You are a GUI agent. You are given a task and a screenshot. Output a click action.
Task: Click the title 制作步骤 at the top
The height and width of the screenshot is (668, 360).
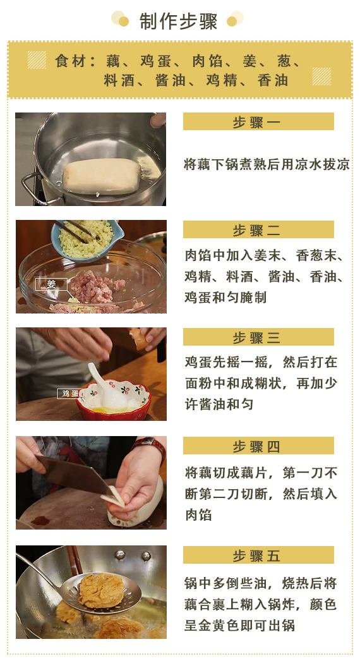coord(178,21)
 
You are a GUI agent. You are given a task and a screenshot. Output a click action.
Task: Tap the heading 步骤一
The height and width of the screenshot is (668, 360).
coord(256,122)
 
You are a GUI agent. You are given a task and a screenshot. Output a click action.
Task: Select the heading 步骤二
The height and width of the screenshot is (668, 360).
coord(256,231)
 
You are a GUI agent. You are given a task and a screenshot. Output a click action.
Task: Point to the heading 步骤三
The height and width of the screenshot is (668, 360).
coord(256,338)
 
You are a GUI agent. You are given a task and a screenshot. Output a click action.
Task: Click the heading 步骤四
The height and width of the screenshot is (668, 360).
coord(256,446)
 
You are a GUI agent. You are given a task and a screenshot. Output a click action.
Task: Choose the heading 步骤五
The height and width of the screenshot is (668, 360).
coord(256,556)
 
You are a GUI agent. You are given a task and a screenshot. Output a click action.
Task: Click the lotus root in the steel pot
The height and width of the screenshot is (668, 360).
coord(102,176)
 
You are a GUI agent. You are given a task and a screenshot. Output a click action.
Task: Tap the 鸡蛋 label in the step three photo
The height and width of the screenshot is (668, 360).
coord(69,393)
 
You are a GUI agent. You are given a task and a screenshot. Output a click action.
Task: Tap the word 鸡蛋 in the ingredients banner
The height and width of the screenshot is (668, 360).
coord(156,61)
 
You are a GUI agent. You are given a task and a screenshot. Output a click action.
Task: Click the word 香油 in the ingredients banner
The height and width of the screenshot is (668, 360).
coord(273,80)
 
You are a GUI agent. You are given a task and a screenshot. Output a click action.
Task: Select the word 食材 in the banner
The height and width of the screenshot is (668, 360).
coord(71,61)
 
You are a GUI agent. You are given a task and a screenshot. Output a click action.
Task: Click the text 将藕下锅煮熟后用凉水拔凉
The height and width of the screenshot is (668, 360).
coord(267,164)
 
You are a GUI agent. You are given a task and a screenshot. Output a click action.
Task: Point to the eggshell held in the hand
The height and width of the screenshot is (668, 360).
coord(138,338)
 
